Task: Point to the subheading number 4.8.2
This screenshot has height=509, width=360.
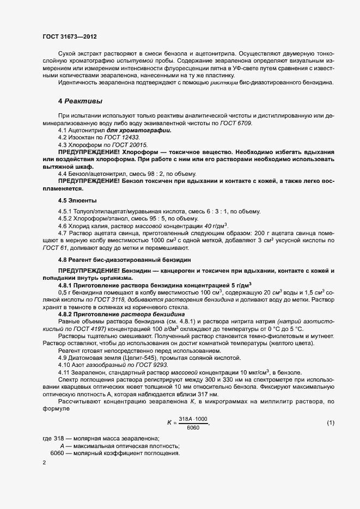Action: [x=67, y=315]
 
